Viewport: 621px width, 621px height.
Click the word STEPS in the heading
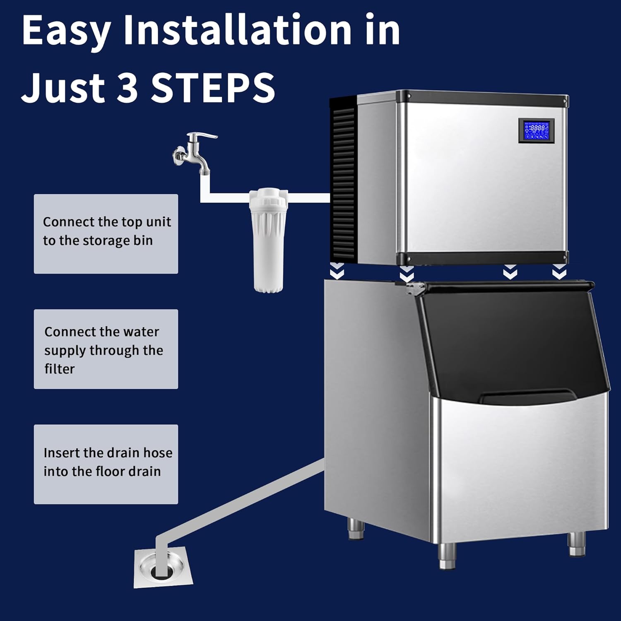coord(213,87)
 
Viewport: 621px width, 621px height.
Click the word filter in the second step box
coord(59,369)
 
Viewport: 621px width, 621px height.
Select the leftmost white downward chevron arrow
coord(337,271)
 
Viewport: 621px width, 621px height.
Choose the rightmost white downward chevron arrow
coord(559,272)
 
